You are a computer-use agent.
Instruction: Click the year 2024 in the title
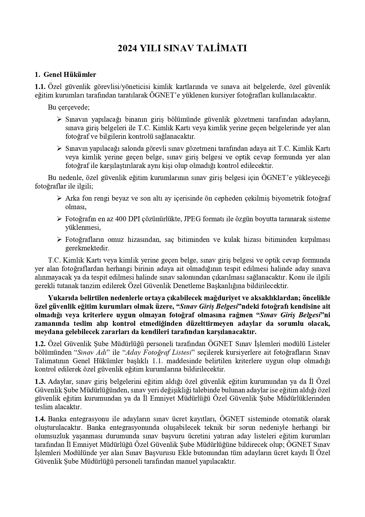pos(127,48)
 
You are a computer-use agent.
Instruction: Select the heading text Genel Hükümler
pos(70,75)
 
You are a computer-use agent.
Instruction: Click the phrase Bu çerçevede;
pos(69,107)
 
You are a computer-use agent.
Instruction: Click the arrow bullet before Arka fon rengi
pos(59,198)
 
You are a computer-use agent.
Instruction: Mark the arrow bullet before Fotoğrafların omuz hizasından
pos(59,239)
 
